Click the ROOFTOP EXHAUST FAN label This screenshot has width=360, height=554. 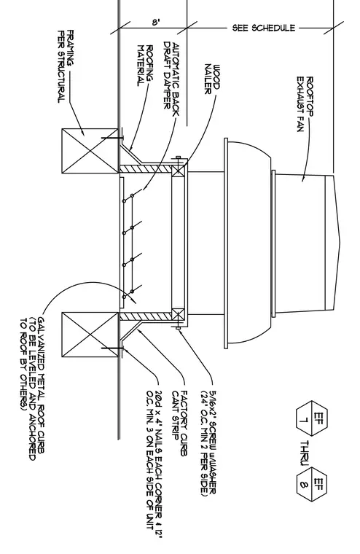305,104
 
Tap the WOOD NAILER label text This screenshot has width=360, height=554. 212,79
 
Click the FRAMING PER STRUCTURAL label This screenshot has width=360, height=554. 66,66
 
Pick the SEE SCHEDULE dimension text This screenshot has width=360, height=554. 264,28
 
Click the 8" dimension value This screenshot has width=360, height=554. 156,23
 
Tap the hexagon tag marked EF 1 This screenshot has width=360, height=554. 312,418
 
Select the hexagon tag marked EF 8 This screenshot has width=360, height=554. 312,485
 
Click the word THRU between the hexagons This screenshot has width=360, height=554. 305,452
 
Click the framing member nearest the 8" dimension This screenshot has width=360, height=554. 90,151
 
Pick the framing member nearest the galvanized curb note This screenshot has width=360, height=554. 90,335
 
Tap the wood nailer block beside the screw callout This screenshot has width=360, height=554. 178,314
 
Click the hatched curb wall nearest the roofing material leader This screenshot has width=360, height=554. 145,169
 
